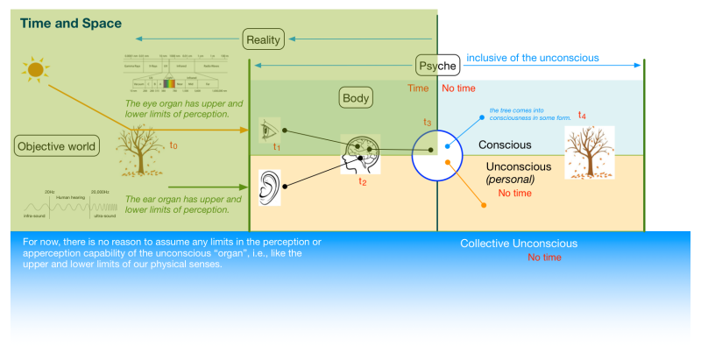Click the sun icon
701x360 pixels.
(x=35, y=67)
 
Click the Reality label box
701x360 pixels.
(x=265, y=39)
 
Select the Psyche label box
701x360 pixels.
(x=436, y=65)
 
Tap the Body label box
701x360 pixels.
(x=357, y=97)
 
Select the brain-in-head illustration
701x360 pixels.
(x=361, y=155)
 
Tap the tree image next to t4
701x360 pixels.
(x=589, y=153)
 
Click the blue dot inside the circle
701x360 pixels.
(x=447, y=145)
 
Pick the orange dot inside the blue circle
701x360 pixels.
(x=447, y=162)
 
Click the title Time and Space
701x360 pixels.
(x=70, y=24)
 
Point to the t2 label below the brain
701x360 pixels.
(x=362, y=181)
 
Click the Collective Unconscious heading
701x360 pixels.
(x=519, y=244)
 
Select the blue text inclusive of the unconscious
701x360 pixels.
(x=520, y=58)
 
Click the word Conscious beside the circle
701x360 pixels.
(x=505, y=145)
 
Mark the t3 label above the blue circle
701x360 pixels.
(x=427, y=122)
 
